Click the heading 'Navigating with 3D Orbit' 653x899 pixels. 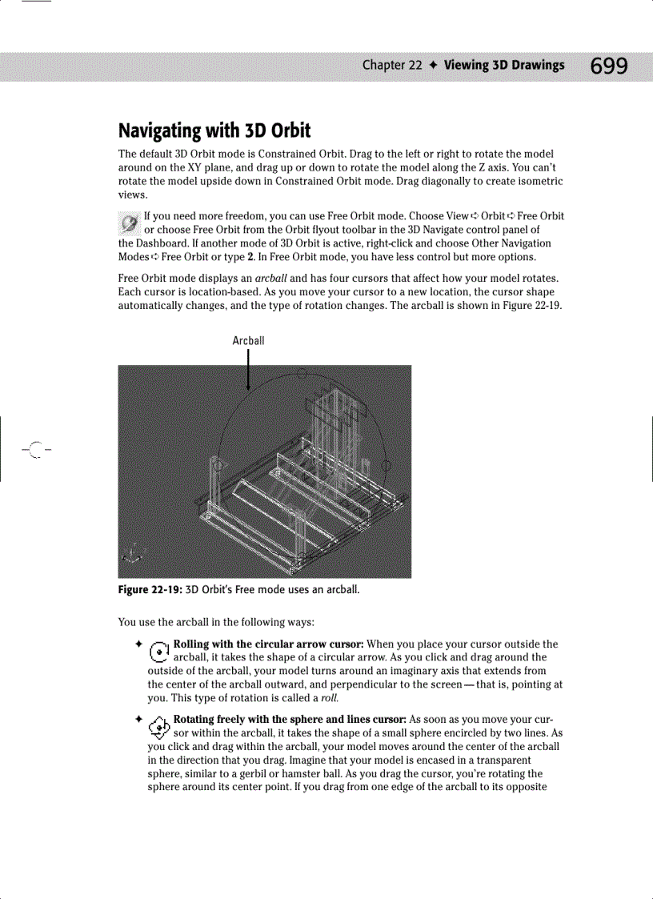click(x=214, y=130)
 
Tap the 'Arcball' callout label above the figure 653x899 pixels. click(x=248, y=341)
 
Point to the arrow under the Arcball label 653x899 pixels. click(x=249, y=372)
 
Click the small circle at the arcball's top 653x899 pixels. click(x=302, y=373)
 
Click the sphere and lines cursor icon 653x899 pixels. click(x=160, y=725)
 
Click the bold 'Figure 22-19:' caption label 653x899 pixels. click(x=150, y=591)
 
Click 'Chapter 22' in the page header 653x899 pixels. click(x=391, y=66)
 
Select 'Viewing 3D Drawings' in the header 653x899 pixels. click(x=504, y=66)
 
